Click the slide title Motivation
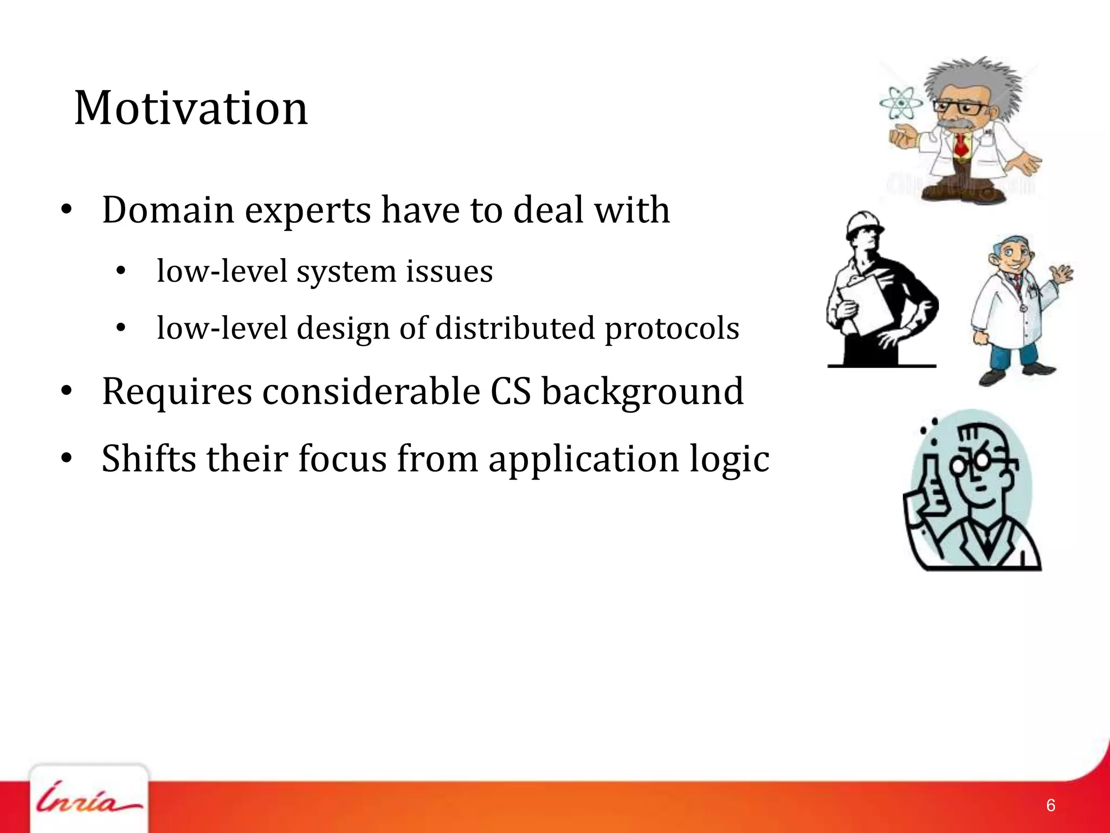pyautogui.click(x=191, y=108)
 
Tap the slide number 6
pyautogui.click(x=1050, y=805)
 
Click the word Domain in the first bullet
pyautogui.click(x=168, y=210)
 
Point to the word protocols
pyautogui.click(x=672, y=329)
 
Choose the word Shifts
pyautogui.click(x=149, y=459)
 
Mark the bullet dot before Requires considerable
pyautogui.click(x=66, y=392)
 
